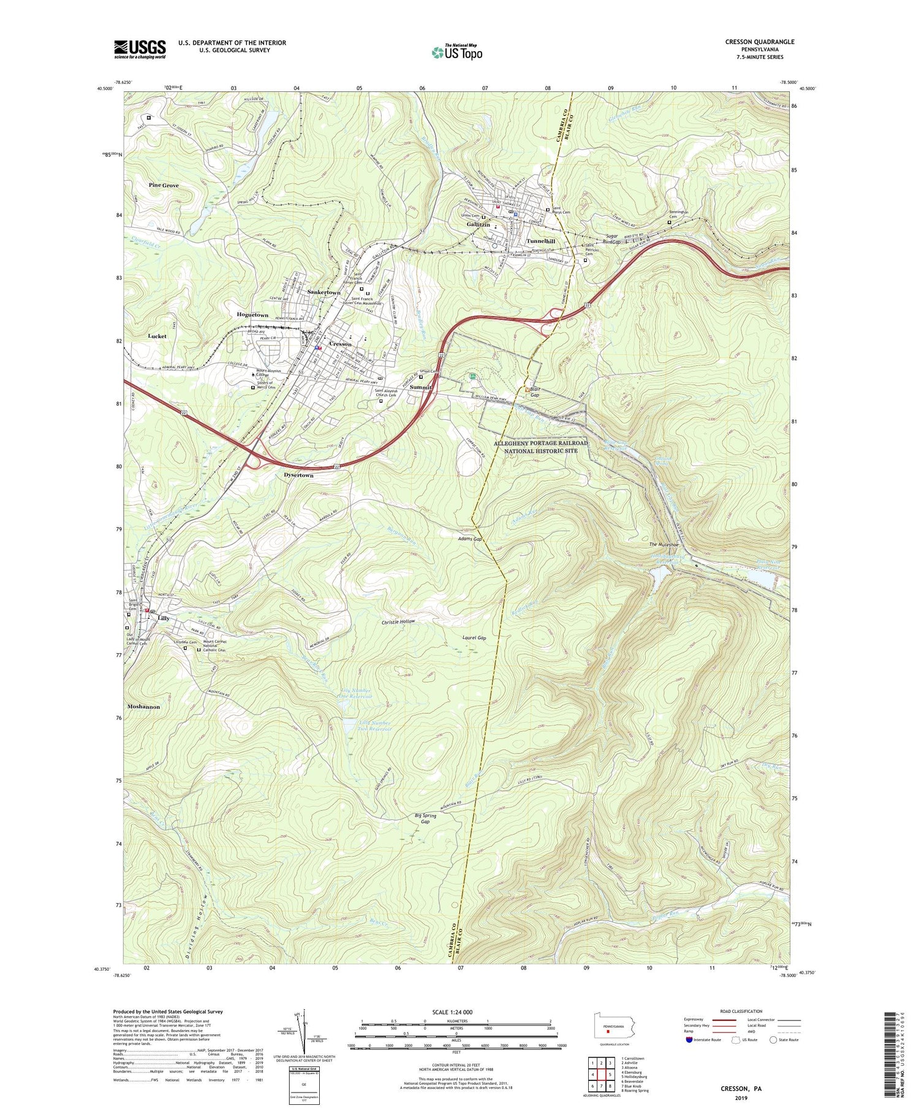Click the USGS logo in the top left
coord(140,49)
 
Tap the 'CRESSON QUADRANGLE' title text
coord(759,42)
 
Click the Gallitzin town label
coord(475,226)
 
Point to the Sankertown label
coord(323,293)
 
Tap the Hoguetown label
coord(253,315)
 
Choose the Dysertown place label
coord(298,476)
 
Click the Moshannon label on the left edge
coord(143,707)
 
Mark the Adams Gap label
coord(470,539)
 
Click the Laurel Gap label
coord(474,638)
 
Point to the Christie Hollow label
coord(398,621)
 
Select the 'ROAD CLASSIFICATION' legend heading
coord(741,1011)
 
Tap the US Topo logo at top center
coord(456,53)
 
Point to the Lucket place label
coord(157,336)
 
